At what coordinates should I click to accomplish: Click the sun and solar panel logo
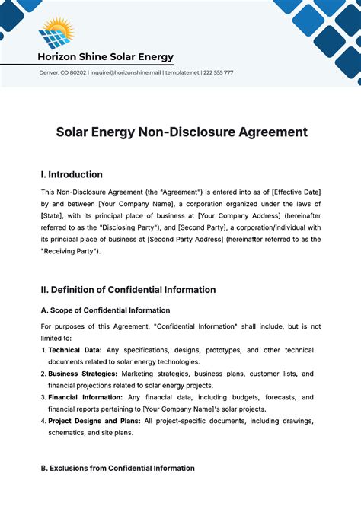[x=55, y=33]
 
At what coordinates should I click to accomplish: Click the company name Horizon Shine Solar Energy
[x=105, y=57]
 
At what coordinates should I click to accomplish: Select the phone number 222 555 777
[x=219, y=72]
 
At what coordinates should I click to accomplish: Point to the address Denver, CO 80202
[x=62, y=72]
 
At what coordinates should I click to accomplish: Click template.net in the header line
[x=184, y=72]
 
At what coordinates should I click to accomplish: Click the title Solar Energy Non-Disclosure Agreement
[x=181, y=132]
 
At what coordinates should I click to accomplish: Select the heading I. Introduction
[x=72, y=175]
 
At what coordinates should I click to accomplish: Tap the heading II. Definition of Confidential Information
[x=128, y=289]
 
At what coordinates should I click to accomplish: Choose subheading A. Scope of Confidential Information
[x=105, y=310]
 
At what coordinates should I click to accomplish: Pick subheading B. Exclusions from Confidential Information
[x=117, y=469]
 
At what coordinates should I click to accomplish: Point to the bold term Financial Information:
[x=85, y=397]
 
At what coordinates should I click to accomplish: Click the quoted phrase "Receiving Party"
[x=70, y=251]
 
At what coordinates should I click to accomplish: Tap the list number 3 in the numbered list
[x=43, y=397]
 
